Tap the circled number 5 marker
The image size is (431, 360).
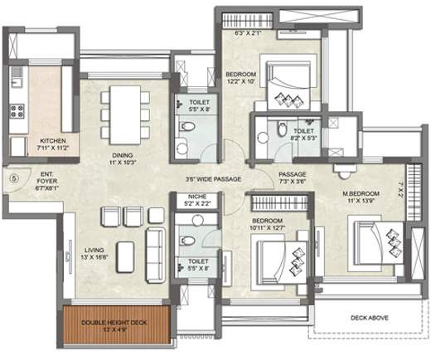[x=12, y=176]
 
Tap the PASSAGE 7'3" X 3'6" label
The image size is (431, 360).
[x=293, y=177]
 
